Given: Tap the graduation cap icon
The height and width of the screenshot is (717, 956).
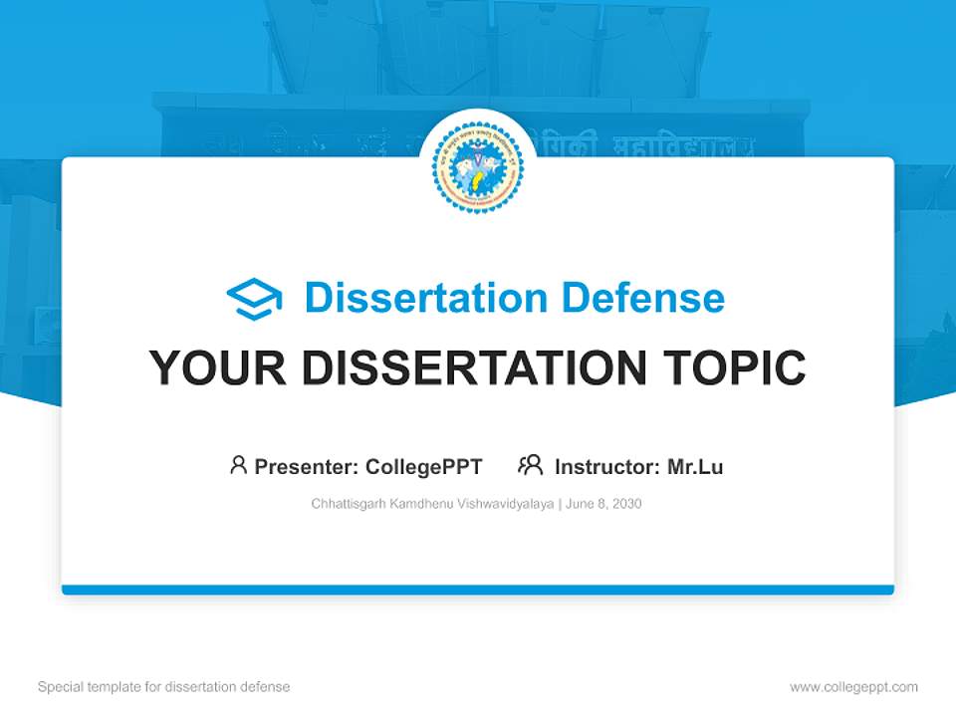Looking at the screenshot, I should [x=254, y=299].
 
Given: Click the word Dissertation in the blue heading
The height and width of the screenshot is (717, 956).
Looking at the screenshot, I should [x=426, y=298].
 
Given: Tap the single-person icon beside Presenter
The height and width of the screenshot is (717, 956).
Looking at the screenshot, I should [x=238, y=465].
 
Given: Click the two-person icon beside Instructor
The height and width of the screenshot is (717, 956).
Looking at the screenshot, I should [x=530, y=465].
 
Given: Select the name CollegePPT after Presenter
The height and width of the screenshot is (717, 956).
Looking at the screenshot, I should [x=424, y=466].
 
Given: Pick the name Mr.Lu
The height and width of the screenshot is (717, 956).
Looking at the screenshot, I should [x=695, y=466].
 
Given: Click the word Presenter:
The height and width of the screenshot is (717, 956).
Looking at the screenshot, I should [x=307, y=466].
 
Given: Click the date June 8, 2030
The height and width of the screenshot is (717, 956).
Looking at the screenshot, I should [x=603, y=504].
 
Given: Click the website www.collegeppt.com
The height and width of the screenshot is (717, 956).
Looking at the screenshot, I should [x=853, y=687].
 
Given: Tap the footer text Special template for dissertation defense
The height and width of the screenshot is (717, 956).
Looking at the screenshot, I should [x=163, y=687].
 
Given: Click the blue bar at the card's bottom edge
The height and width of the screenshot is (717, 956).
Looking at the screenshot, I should [x=477, y=590].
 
